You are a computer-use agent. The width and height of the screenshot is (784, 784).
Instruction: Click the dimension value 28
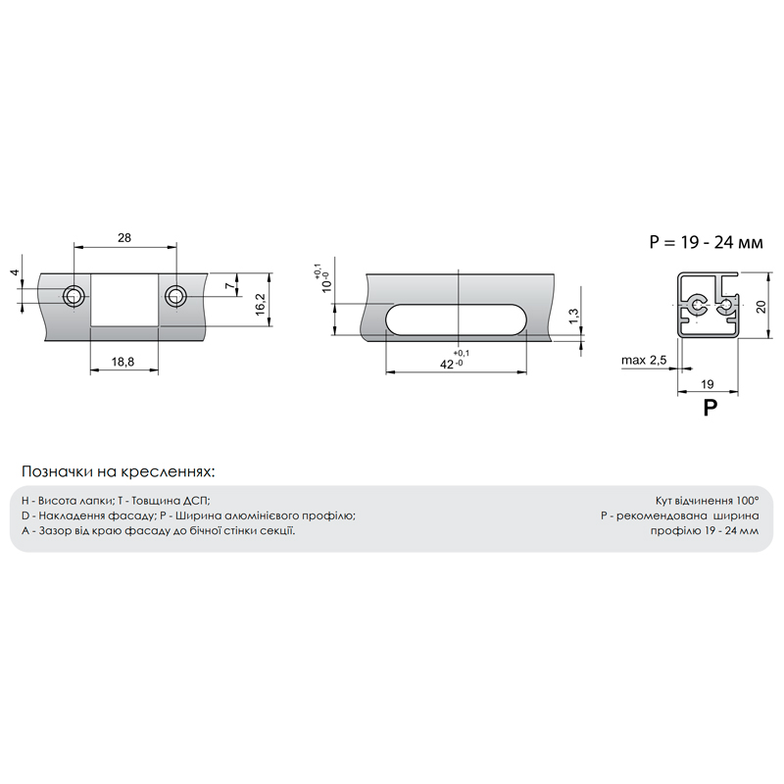pyautogui.click(x=124, y=237)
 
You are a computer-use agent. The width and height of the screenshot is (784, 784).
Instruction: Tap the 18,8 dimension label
pyautogui.click(x=122, y=362)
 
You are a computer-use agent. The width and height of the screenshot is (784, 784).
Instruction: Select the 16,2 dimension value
pyautogui.click(x=260, y=304)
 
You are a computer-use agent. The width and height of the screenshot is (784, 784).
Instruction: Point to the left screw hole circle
pyautogui.click(x=73, y=297)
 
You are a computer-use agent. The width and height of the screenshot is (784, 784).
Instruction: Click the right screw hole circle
pyautogui.click(x=176, y=297)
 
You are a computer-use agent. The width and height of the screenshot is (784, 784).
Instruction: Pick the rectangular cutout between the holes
pyautogui.click(x=124, y=300)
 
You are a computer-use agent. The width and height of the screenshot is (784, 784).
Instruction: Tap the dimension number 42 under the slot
pyautogui.click(x=447, y=365)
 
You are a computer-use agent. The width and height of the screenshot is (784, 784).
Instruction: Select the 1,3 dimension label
pyautogui.click(x=573, y=316)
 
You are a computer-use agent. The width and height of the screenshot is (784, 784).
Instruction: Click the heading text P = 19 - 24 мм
pyautogui.click(x=706, y=242)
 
